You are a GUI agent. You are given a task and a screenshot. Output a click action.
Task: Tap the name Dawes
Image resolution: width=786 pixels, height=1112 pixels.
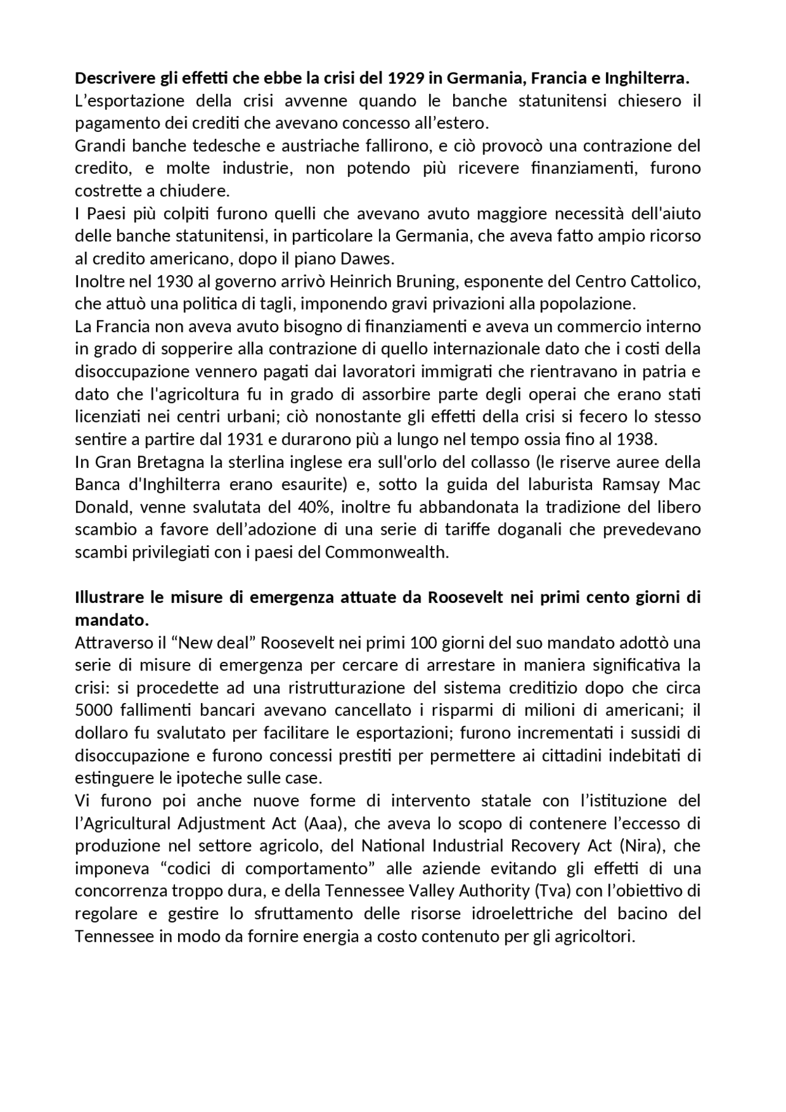[367, 259]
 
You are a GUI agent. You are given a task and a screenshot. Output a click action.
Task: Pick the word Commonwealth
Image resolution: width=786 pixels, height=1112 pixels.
[386, 552]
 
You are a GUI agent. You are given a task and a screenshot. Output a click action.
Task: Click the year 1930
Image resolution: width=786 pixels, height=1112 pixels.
[174, 281]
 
